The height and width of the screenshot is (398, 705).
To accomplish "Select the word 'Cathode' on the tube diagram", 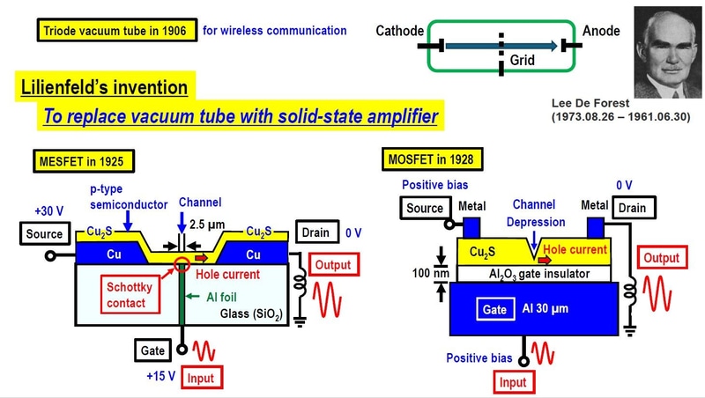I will [x=399, y=31].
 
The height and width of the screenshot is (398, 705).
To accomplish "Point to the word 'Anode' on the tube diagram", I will [x=601, y=31].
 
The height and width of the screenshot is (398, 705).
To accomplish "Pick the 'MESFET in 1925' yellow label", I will [x=87, y=161].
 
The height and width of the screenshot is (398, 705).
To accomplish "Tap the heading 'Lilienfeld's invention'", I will [x=103, y=88].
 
